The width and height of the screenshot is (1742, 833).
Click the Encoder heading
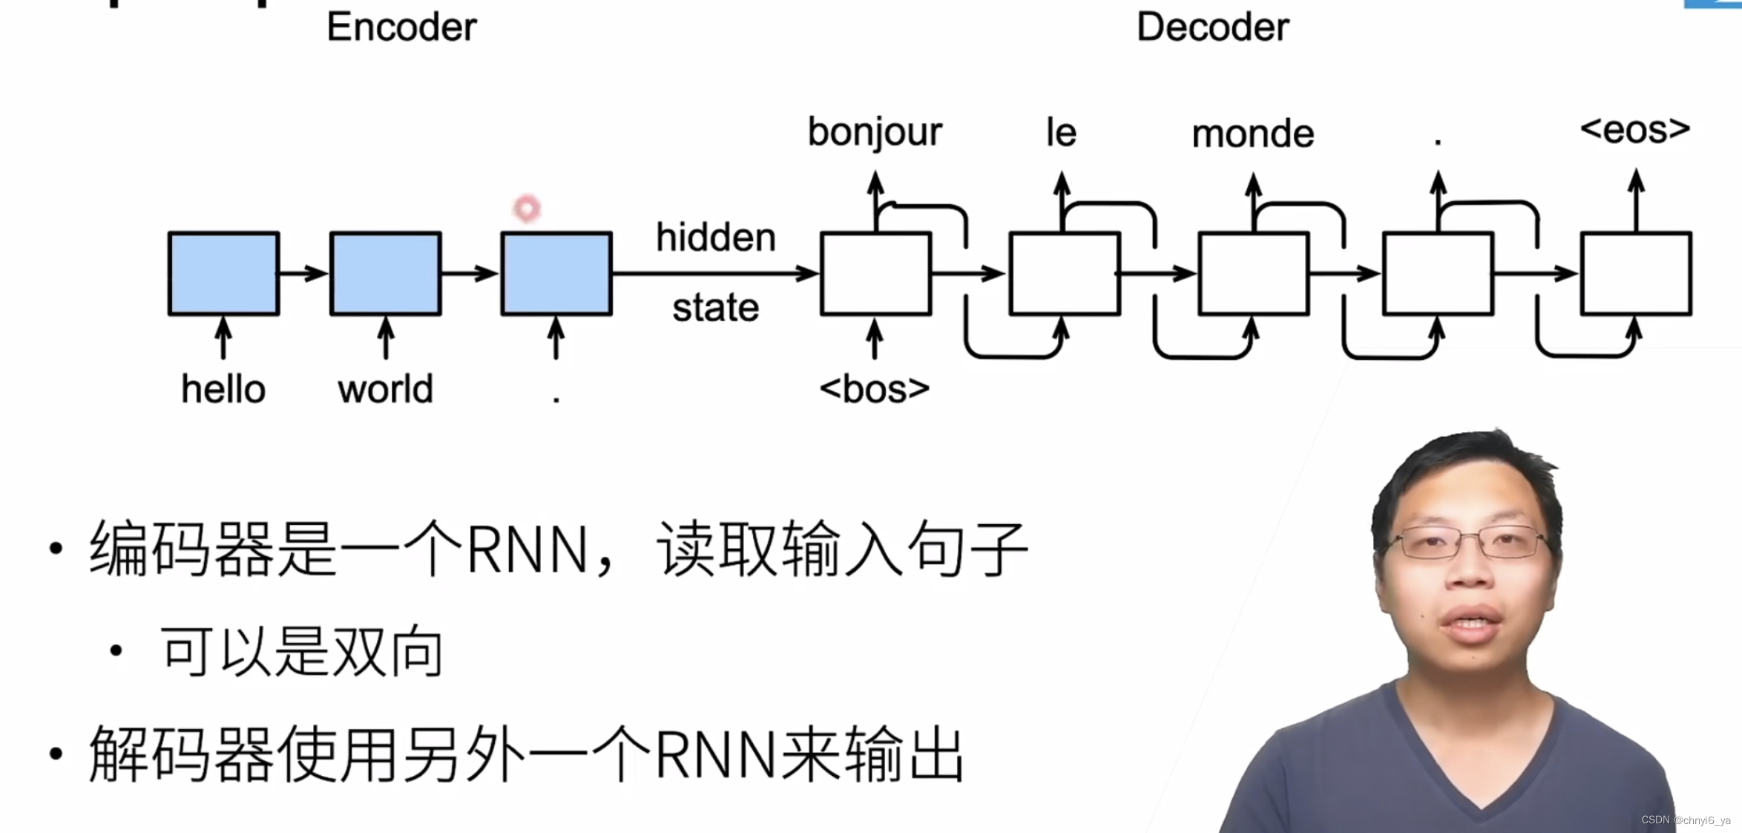(401, 27)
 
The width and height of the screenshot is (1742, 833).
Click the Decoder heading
(1212, 27)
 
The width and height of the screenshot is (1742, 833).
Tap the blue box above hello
(223, 273)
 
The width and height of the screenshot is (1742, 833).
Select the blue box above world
(385, 273)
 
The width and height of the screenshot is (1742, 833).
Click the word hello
(223, 389)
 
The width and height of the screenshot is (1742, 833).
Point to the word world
(385, 389)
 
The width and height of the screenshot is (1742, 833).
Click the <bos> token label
(874, 389)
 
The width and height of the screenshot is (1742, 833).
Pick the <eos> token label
(1635, 130)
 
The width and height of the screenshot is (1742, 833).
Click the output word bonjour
(874, 132)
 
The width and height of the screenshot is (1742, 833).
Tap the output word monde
(1252, 134)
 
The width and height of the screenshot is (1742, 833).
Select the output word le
(1061, 132)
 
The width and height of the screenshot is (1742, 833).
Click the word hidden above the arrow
(715, 238)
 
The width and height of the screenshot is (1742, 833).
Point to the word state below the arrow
(715, 307)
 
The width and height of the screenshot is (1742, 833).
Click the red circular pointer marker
(527, 209)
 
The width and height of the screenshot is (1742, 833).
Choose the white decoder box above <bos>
(875, 273)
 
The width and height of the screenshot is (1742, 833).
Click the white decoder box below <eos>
(1636, 273)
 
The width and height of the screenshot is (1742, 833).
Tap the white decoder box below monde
(1253, 273)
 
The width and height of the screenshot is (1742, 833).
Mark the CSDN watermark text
(1686, 820)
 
